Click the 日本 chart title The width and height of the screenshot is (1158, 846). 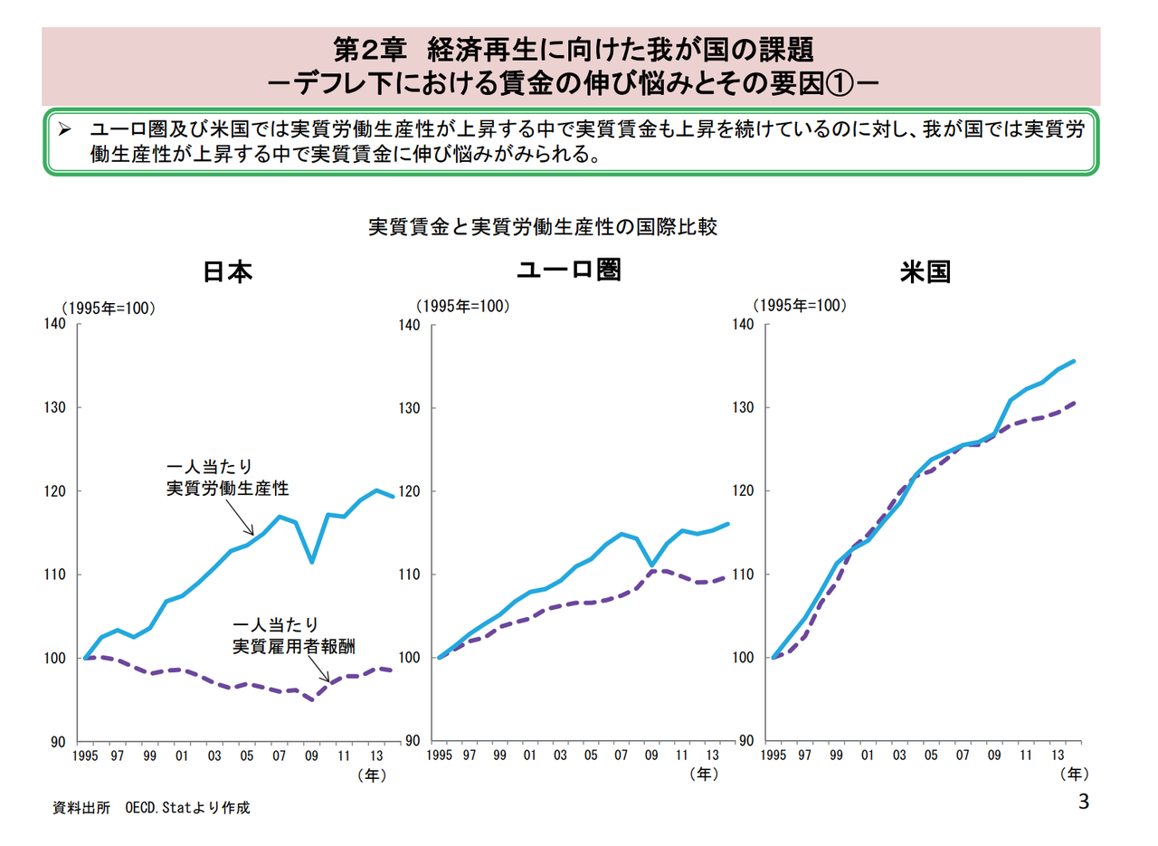point(227,272)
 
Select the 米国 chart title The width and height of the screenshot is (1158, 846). point(925,272)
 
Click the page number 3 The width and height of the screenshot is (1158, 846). point(1084,802)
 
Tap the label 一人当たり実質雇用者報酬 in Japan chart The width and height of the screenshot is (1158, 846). point(294,636)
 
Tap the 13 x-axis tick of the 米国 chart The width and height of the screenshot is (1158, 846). point(1056,756)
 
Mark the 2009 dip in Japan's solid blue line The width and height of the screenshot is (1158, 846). point(312,562)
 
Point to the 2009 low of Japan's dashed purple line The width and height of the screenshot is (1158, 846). point(312,699)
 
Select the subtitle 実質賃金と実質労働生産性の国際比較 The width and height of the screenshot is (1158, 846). point(543,226)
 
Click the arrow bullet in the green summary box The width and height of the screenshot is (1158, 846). point(65,130)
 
